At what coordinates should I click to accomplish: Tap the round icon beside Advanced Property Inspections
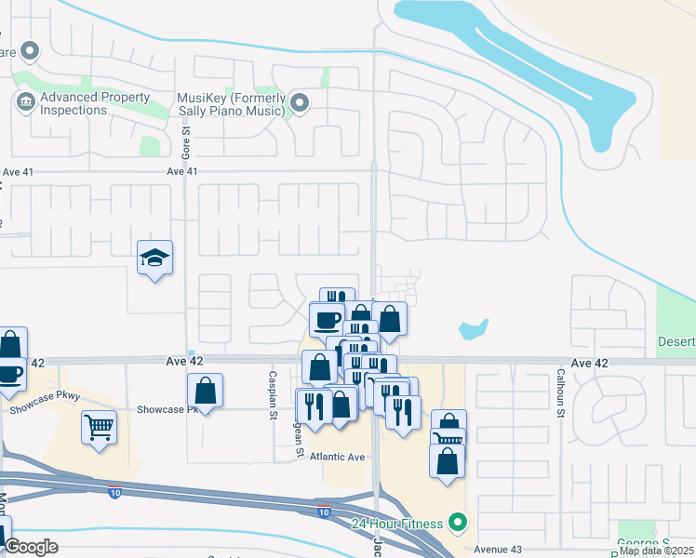coord(24,101)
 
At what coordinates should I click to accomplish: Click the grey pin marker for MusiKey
coord(300,101)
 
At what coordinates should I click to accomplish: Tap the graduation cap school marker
coord(154,259)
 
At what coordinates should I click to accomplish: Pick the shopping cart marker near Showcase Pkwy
coord(99,429)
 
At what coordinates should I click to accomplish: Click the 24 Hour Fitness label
coord(397,523)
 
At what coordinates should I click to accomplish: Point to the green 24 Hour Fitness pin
coord(457,523)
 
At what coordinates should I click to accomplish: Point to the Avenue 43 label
coord(502,549)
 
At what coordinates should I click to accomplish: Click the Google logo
coord(32,547)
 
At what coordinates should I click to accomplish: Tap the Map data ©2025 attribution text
coord(656,551)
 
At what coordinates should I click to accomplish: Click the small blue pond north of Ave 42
coord(474,328)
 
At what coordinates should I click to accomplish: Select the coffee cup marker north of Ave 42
coord(327,319)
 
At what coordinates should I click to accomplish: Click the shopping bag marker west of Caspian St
coord(205,391)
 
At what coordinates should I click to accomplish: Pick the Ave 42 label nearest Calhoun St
coord(590,363)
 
